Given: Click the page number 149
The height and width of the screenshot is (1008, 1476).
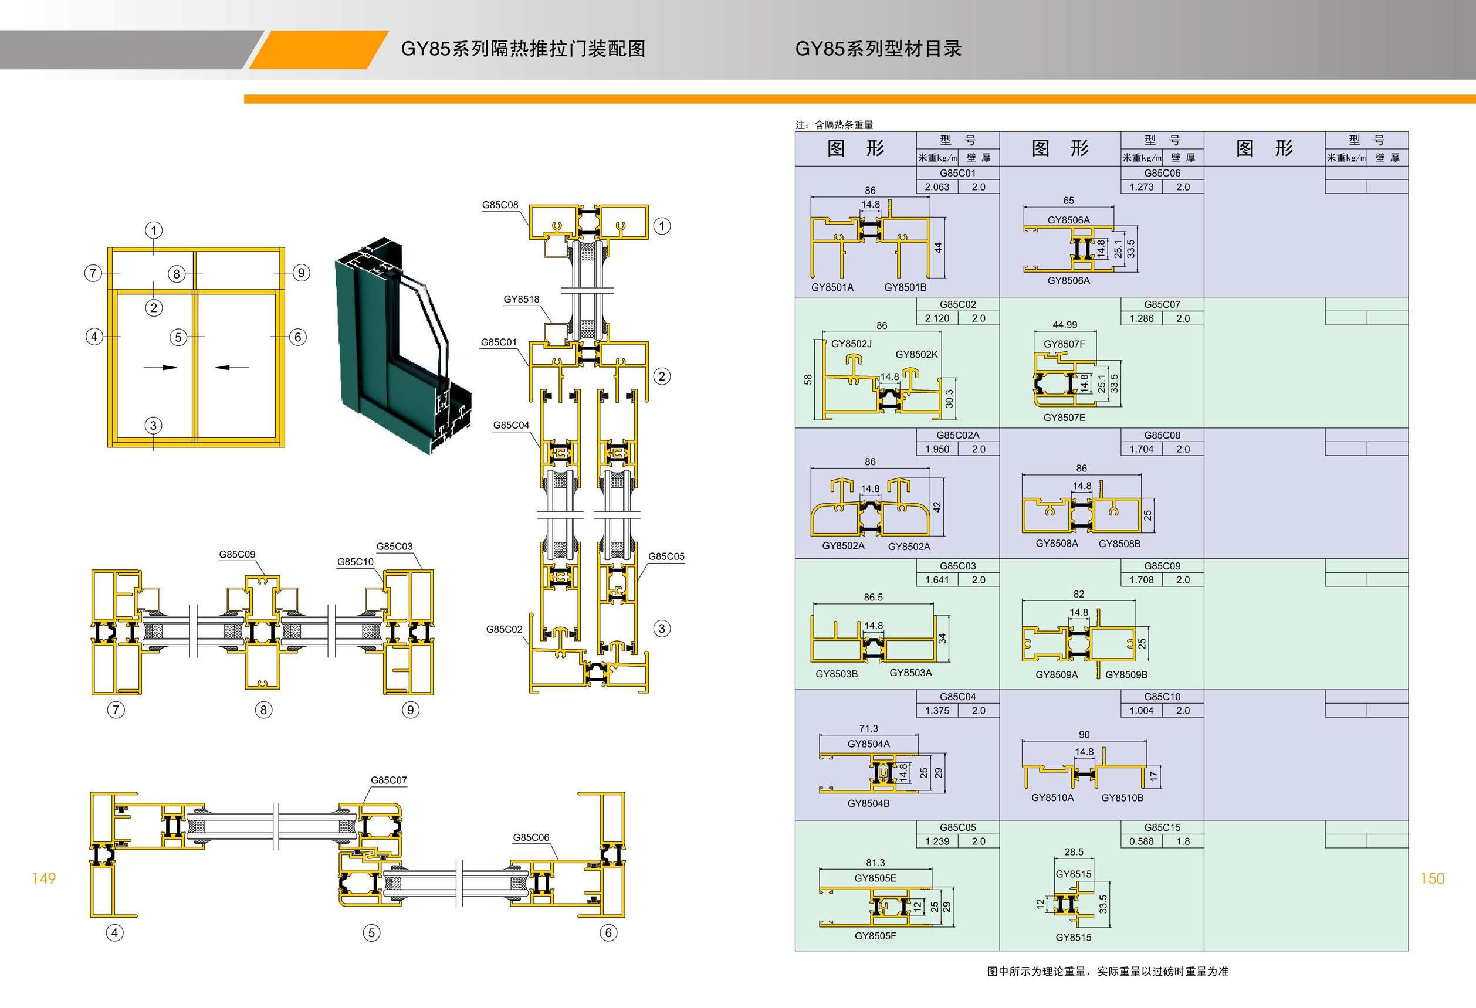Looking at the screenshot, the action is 44,878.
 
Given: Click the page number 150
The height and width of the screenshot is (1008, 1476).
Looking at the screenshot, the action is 1432,878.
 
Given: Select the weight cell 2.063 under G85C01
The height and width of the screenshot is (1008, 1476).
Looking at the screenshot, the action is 937,186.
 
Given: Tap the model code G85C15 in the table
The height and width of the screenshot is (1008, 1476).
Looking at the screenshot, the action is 1162,827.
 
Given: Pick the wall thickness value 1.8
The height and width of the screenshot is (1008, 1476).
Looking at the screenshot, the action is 1183,841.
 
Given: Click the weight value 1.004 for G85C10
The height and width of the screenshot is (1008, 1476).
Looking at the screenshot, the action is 1141,710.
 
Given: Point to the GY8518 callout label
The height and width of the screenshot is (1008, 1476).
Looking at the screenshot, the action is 522,299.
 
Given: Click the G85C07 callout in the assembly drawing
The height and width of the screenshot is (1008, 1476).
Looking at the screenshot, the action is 389,780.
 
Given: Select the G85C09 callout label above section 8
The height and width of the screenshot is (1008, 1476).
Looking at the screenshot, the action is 237,554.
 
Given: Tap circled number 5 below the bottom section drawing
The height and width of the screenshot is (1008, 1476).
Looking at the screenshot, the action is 371,932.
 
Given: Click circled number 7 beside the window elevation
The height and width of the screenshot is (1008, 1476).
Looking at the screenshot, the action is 93,273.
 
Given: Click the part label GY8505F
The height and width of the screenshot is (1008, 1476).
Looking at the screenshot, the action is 875,936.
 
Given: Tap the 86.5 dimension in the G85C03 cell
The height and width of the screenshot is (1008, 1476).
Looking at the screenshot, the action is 874,598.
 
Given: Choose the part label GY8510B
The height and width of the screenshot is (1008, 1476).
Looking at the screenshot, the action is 1122,798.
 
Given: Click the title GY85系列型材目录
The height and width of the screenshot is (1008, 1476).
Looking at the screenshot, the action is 878,49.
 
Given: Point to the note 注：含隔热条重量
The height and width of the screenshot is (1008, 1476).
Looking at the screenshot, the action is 834,124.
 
